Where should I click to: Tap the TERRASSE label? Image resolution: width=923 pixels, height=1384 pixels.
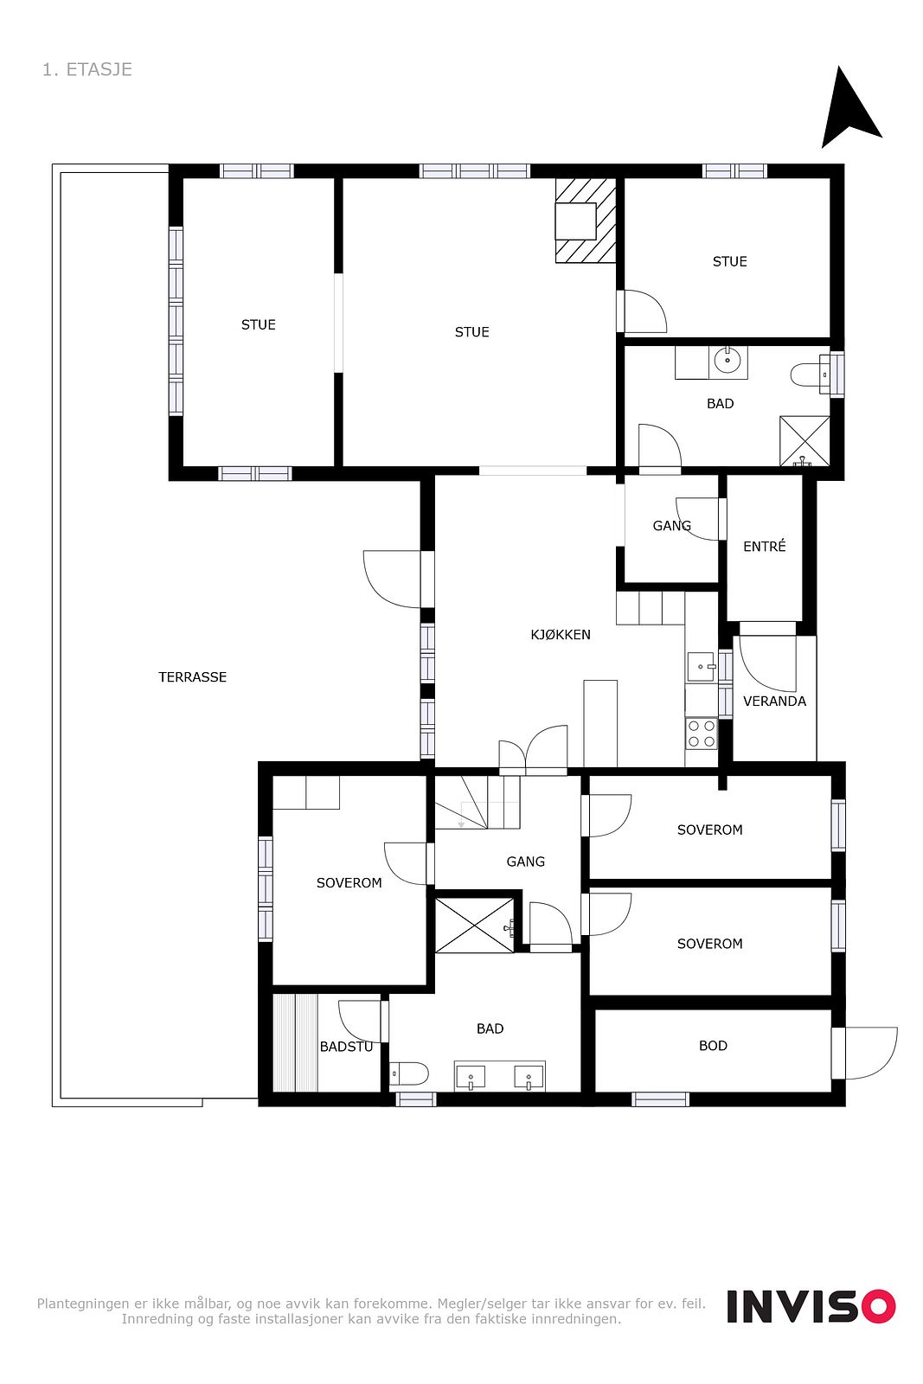pos(192,677)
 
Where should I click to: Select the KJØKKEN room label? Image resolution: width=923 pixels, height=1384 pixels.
pos(561,635)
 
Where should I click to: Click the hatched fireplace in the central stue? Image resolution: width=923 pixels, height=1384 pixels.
pos(586,221)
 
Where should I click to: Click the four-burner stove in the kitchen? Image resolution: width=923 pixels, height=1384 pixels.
pos(702,734)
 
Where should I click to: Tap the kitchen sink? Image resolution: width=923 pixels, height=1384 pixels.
pos(702,667)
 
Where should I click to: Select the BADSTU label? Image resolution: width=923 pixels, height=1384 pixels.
pos(346,1047)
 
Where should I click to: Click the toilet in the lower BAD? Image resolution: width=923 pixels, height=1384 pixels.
pos(409,1073)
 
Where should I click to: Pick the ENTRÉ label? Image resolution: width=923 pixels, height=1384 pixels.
pos(764,546)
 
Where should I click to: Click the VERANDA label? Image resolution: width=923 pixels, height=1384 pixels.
pos(774,702)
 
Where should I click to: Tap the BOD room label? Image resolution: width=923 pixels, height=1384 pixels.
pos(713,1046)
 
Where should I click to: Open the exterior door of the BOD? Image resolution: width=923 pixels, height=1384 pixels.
pos(865,1053)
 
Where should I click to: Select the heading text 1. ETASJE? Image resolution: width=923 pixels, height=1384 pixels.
pos(87,69)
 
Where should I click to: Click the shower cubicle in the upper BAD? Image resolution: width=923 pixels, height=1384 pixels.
pos(804,441)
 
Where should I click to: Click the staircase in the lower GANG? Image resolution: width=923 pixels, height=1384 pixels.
pos(477,802)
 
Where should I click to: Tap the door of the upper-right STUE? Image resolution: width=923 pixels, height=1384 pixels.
pos(643,311)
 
